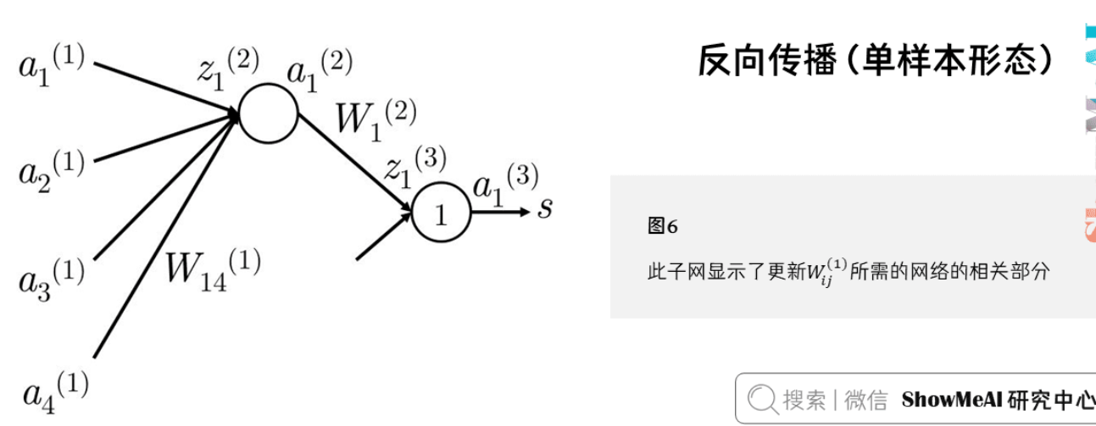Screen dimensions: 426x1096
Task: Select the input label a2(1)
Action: coord(52,167)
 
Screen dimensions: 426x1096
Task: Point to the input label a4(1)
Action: coord(56,390)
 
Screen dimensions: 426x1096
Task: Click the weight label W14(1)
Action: coord(213,268)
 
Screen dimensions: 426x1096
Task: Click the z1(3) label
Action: coord(414,164)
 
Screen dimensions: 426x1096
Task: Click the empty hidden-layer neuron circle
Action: coord(269,113)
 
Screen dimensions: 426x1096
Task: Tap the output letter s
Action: coord(545,207)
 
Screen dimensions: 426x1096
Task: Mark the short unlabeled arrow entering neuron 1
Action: coord(381,237)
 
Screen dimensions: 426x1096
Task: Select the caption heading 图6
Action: coord(662,226)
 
